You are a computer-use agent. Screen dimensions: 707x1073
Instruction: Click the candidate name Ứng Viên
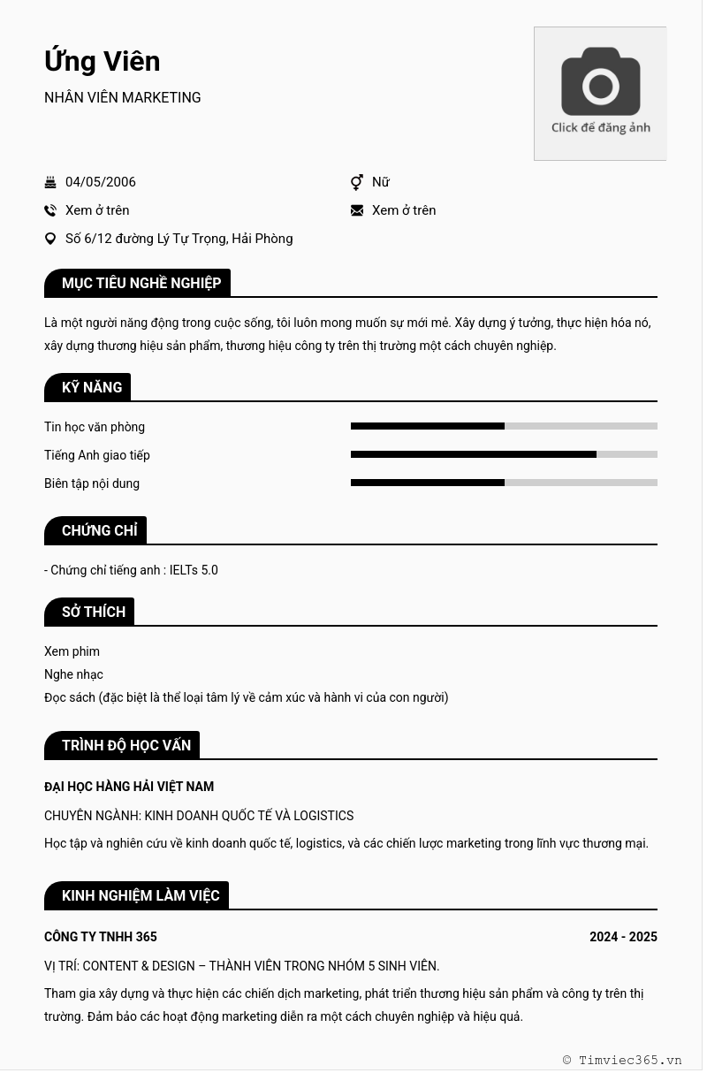pos(103,61)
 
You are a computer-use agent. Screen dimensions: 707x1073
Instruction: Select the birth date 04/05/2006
pos(101,182)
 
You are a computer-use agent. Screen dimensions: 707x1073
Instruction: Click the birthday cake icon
pos(50,182)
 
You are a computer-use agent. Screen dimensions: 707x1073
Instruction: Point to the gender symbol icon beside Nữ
pos(357,182)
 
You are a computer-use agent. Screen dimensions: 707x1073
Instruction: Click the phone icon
pos(50,210)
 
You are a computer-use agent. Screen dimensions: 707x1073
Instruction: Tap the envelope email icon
pos(357,210)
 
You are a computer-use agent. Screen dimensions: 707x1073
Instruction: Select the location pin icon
pos(50,239)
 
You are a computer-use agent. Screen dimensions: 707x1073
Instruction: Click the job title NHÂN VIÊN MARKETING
pos(123,98)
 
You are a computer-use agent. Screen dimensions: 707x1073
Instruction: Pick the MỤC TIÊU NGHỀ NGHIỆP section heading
pos(141,283)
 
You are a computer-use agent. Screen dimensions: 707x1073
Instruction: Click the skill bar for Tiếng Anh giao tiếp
pos(504,454)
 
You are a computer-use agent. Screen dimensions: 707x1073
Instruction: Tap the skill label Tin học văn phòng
pos(95,427)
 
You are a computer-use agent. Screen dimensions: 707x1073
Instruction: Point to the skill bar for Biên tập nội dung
pos(504,483)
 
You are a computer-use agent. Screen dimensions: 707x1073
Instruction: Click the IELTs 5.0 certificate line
pos(131,570)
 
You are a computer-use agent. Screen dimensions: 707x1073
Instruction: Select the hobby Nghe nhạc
pos(73,674)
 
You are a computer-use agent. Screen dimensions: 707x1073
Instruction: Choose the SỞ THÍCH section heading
pos(93,612)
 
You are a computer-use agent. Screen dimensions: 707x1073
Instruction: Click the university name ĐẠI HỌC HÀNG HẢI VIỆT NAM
pos(129,787)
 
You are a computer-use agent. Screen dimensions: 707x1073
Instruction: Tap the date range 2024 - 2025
pos(623,937)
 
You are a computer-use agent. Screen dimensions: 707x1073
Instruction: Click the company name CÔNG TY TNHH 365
pos(101,937)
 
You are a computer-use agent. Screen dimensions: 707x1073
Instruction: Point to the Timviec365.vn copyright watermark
pos(622,1060)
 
